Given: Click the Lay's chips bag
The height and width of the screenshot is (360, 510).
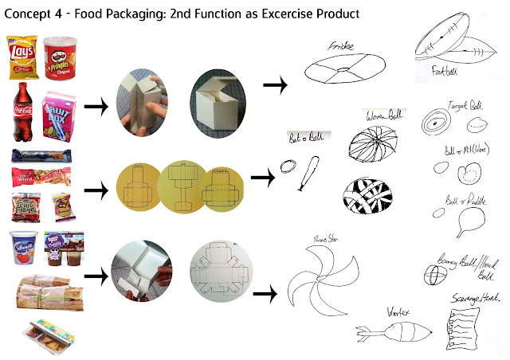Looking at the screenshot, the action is point(22,56).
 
